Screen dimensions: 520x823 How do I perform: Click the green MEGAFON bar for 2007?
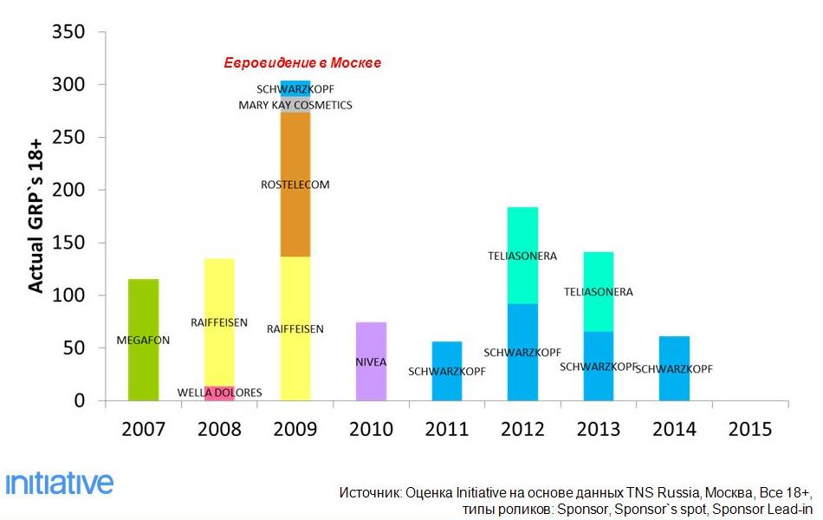click(x=143, y=340)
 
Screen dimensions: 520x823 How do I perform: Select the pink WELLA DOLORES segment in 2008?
click(x=219, y=393)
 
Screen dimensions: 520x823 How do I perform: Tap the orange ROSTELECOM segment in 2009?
click(x=295, y=184)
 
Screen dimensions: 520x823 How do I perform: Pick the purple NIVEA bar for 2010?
click(x=371, y=361)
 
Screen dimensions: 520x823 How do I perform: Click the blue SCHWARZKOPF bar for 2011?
click(x=447, y=371)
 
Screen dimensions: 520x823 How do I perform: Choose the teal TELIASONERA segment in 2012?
click(x=522, y=256)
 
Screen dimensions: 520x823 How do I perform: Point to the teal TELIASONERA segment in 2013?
click(x=599, y=291)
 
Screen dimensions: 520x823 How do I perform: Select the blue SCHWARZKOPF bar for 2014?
click(x=674, y=368)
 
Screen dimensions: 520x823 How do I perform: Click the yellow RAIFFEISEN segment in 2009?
click(x=295, y=328)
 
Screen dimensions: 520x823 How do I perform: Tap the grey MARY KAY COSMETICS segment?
click(x=295, y=105)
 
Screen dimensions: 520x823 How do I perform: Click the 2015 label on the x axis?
click(x=749, y=429)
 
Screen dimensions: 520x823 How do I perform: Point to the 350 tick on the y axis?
click(x=68, y=33)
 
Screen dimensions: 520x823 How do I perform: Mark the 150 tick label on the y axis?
click(x=68, y=243)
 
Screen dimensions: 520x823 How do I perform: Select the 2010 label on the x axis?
click(x=370, y=429)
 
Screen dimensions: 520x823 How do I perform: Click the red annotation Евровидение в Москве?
click(x=302, y=63)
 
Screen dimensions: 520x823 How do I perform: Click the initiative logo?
click(x=59, y=482)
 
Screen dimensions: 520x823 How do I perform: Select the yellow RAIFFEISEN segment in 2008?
click(x=219, y=322)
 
